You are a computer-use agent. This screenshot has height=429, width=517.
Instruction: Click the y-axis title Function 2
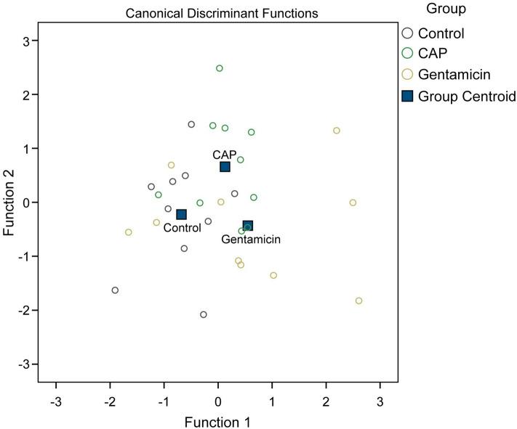coord(9,202)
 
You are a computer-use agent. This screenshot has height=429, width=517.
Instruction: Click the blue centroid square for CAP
coord(225,167)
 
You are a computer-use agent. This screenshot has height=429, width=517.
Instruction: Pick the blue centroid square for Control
coord(181,214)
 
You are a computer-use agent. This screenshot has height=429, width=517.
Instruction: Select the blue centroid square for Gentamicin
coord(248,226)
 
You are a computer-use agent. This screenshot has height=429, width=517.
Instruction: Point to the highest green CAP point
coord(220,68)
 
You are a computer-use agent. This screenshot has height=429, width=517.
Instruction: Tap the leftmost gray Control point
coord(115,290)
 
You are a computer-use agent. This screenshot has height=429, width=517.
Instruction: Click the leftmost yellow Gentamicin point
coord(129,232)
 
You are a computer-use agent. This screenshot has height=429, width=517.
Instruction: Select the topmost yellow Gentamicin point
coord(337,131)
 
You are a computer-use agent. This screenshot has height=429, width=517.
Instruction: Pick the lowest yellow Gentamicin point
coord(358,301)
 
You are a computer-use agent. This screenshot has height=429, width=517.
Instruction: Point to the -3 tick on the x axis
coord(55,400)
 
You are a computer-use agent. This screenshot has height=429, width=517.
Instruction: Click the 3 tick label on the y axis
coord(23,41)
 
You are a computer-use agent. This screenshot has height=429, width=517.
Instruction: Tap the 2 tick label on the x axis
coord(326,400)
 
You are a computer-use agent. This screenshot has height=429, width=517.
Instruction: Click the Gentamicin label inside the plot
coord(251,239)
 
